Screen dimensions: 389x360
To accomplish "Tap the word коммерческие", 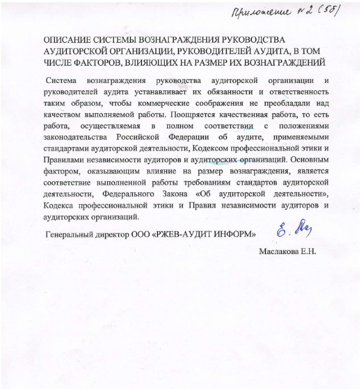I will click(163, 102).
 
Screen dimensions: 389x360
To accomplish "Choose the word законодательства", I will click(76, 137).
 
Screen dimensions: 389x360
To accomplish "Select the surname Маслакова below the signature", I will click(279, 251).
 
